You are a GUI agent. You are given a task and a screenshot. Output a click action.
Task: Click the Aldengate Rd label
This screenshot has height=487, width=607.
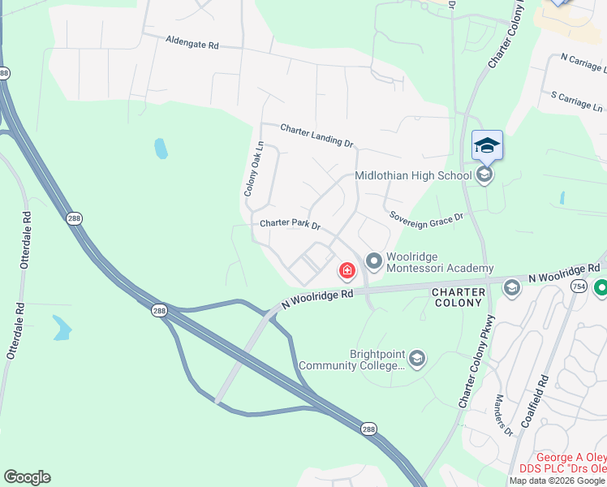(x=192, y=42)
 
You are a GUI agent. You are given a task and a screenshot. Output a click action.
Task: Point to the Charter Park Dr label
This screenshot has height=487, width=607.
(x=290, y=224)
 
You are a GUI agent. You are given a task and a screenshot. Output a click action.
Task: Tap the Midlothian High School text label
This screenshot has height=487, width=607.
(x=413, y=176)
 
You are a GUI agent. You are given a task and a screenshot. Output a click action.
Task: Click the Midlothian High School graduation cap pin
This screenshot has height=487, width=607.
(x=487, y=145)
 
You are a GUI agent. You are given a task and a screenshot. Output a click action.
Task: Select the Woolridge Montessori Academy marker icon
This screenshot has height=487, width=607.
(x=374, y=261)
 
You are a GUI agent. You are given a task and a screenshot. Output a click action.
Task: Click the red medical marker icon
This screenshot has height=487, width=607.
(x=347, y=269)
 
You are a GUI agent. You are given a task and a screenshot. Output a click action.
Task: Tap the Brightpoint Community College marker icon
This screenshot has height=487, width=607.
(x=416, y=359)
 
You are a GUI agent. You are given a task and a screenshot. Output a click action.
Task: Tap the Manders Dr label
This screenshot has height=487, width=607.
(x=502, y=415)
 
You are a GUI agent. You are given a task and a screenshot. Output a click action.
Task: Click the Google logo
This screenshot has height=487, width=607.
(x=27, y=477)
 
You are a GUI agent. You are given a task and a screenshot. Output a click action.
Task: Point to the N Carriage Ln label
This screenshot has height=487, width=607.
(x=582, y=62)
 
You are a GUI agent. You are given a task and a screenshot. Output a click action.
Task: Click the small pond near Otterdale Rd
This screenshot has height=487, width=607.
(x=62, y=328)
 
